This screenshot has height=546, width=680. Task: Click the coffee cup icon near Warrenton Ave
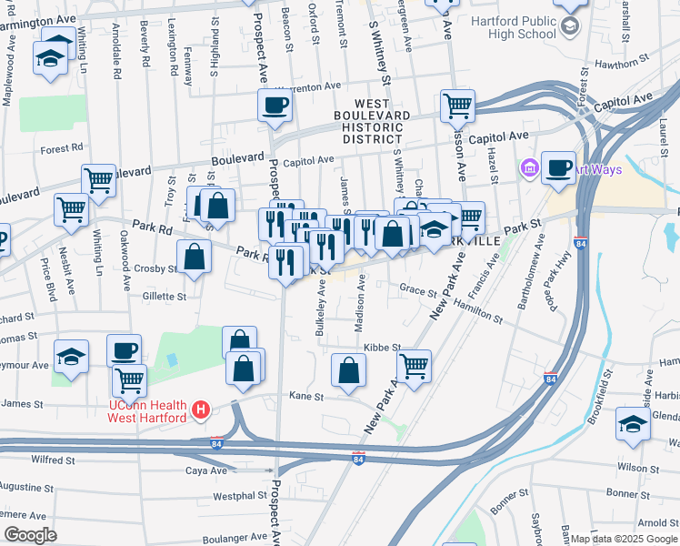(x=275, y=106)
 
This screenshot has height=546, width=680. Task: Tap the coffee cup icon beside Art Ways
(x=559, y=168)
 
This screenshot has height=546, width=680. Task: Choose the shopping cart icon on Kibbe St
(x=414, y=367)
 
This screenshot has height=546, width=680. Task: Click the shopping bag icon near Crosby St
(x=194, y=258)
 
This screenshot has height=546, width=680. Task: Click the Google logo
(x=31, y=534)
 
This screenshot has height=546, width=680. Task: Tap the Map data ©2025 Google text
(x=624, y=538)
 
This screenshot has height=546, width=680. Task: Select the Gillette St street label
(x=164, y=297)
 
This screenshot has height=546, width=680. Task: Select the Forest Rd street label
(x=61, y=147)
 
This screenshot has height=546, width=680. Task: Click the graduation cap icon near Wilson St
(x=634, y=425)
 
